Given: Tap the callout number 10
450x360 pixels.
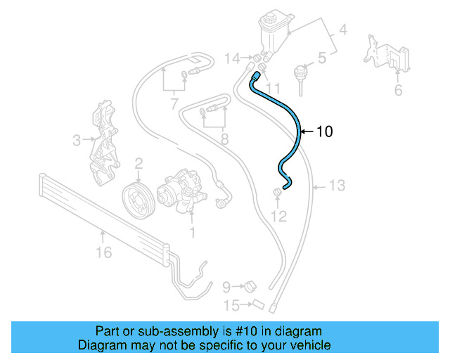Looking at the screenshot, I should coord(324,131).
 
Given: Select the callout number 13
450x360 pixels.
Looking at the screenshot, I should coord(337,186).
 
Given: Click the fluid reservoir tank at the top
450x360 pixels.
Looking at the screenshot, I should coord(271,29).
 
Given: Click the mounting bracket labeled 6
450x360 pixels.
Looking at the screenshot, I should coord(385,53).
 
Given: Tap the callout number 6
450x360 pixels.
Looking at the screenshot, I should coord(398,89).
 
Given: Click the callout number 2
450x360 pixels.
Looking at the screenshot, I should coord(139,163).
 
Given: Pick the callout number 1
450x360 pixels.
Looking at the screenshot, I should coord(191,230).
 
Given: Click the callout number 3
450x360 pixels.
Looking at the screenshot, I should coord(77,141).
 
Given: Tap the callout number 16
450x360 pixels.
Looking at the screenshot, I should coord(103,252).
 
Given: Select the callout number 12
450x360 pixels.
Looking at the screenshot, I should coord(279,217).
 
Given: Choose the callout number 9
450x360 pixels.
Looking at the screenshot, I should coord(226,286).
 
